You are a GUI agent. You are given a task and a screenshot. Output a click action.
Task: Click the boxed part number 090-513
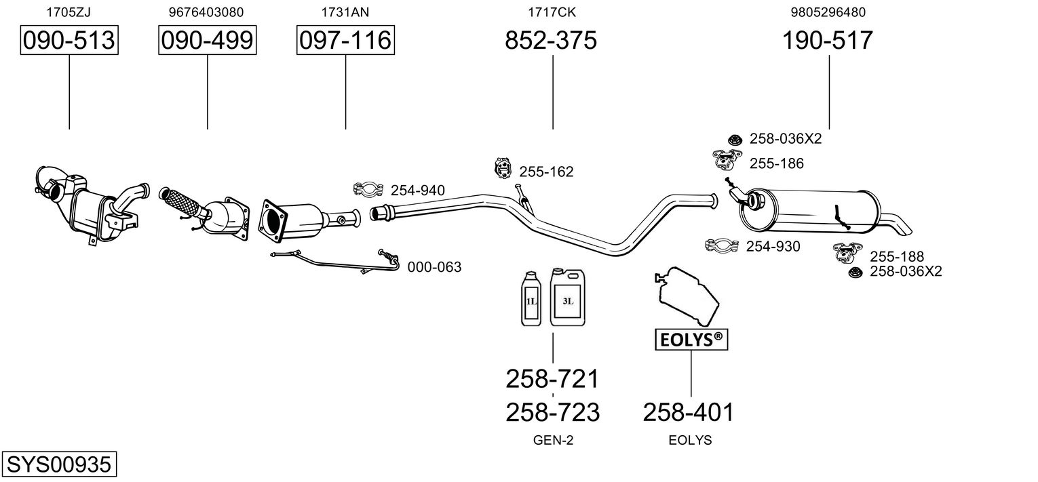pos(69,41)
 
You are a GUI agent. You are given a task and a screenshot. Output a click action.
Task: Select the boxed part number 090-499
pos(207,41)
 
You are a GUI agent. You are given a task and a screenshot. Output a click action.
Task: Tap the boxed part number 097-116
pos(345,41)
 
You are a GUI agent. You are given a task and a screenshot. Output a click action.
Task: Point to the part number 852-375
pos(551,41)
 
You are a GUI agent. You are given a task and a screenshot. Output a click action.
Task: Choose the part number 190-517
pos(828,41)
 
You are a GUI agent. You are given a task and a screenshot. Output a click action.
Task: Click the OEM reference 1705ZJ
pos(69,12)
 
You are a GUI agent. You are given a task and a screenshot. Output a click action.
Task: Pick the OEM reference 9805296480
pos(828,12)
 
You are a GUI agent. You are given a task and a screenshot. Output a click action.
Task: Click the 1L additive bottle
pos(531,302)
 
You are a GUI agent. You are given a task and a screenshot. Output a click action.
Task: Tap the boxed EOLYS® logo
pos(691,340)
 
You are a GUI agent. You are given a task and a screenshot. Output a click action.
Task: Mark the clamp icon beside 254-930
pos(722,245)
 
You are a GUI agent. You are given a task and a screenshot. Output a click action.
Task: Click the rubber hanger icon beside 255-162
pos(503,167)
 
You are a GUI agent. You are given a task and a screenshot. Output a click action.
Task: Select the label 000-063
pos(434,267)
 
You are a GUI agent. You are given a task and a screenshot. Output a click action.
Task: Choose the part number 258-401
pos(689,411)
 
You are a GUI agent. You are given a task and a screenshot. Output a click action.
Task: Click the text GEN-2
pos(553,440)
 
